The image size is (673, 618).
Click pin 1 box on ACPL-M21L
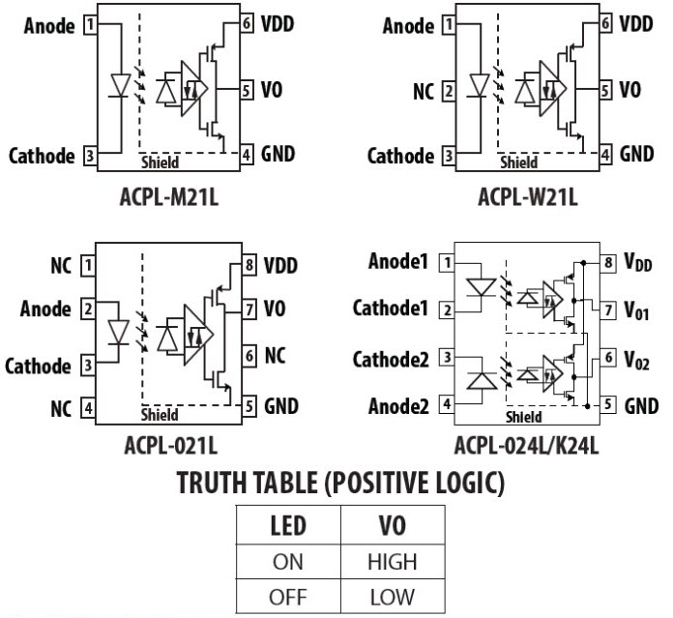pyautogui.click(x=91, y=26)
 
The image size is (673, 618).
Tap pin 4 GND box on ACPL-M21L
pyautogui.click(x=246, y=154)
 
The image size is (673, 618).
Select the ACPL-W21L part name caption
pyautogui.click(x=527, y=197)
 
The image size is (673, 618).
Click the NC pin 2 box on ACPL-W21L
pyautogui.click(x=448, y=92)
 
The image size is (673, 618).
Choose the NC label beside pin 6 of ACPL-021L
pyautogui.click(x=276, y=356)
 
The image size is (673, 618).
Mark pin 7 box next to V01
pyautogui.click(x=607, y=310)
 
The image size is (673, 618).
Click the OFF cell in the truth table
pyautogui.click(x=287, y=596)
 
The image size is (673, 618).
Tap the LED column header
pyautogui.click(x=288, y=527)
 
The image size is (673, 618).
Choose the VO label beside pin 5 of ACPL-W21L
pyautogui.click(x=629, y=90)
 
